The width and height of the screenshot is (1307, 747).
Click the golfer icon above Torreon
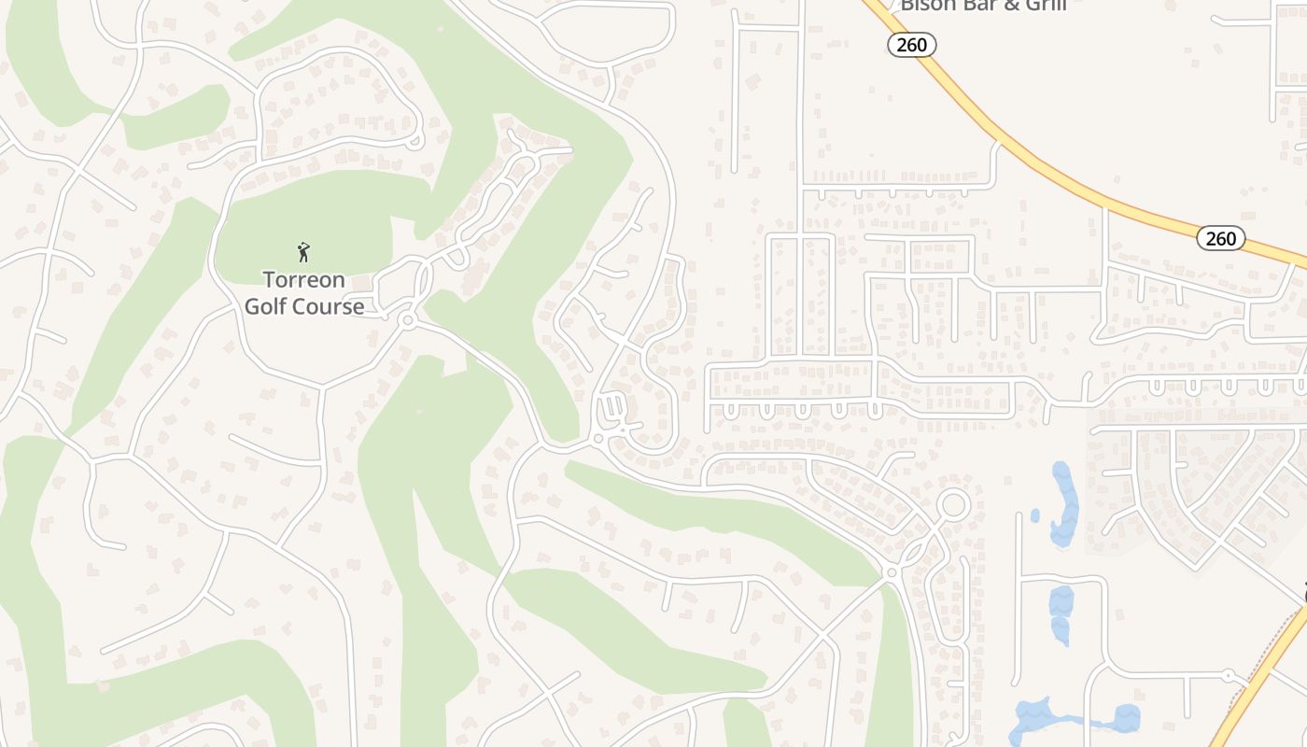302,251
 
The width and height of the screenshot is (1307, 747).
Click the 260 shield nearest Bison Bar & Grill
911,45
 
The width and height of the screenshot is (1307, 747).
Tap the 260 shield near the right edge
1220,238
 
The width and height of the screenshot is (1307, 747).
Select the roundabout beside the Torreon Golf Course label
406,320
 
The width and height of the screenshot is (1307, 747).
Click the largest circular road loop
953,504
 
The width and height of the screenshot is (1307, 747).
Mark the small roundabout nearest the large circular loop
892,571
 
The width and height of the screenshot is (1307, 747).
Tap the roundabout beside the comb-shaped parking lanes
598,437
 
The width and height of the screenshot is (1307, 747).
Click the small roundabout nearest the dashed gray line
1229,674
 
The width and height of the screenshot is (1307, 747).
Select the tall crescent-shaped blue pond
1064,504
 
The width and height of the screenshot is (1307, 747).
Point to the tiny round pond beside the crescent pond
1035,514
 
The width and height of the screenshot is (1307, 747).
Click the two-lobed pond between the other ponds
1061,613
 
